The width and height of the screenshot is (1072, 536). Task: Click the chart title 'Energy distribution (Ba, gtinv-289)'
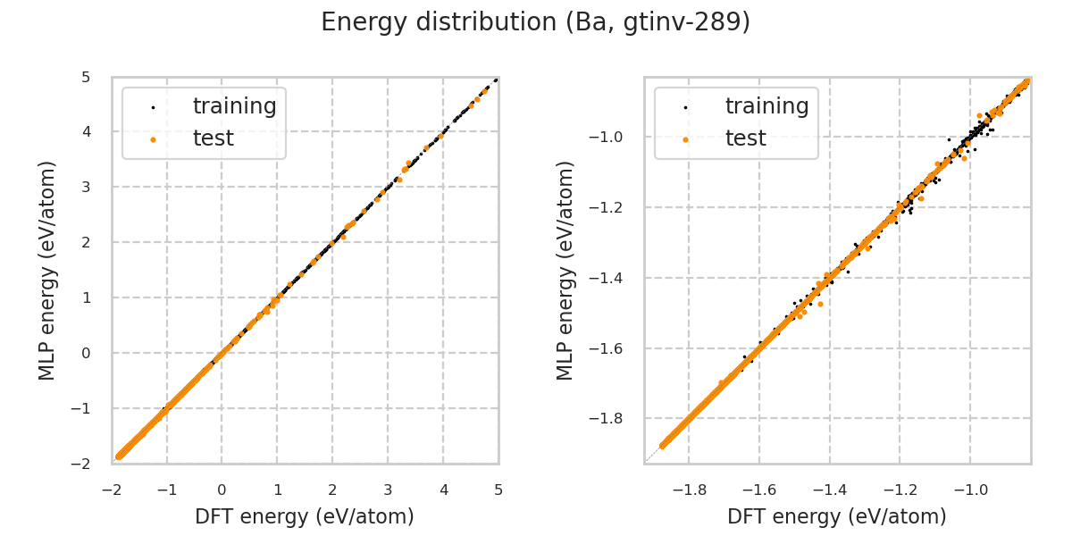pos(535,22)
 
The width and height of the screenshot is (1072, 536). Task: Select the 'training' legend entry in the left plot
pos(234,106)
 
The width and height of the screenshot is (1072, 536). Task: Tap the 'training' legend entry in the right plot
pos(766,106)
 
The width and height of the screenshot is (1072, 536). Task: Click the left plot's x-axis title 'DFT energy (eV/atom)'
pos(305,516)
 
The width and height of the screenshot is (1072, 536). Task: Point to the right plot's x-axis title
pos(837,516)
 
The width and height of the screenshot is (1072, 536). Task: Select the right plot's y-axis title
pos(566,270)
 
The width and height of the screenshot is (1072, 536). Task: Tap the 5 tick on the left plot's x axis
pos(498,490)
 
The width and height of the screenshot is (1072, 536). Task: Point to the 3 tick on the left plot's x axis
pos(388,490)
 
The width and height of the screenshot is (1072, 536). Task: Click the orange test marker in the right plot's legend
pos(685,139)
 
